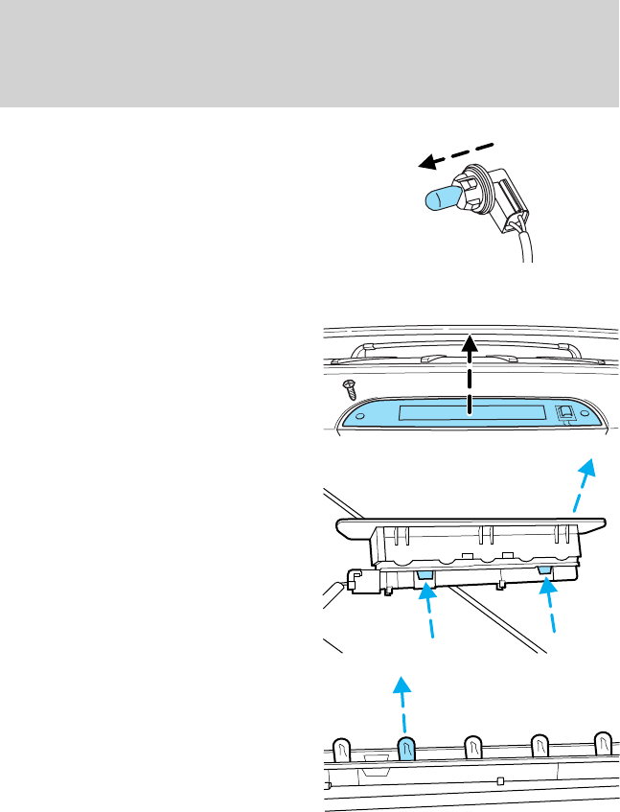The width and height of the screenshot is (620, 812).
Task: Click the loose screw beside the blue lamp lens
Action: (x=351, y=390)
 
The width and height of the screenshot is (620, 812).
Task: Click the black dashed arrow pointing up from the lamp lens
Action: (x=469, y=373)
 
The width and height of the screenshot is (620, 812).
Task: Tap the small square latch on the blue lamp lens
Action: (x=566, y=414)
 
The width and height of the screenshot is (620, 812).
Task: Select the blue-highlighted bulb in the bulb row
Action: (x=405, y=751)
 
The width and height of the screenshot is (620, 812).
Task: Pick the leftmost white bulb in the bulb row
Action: (x=340, y=751)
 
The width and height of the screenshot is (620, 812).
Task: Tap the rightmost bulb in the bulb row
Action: (x=603, y=745)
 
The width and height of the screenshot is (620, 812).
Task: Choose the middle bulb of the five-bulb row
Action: (x=472, y=748)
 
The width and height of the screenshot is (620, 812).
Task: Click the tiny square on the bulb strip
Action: (x=501, y=781)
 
